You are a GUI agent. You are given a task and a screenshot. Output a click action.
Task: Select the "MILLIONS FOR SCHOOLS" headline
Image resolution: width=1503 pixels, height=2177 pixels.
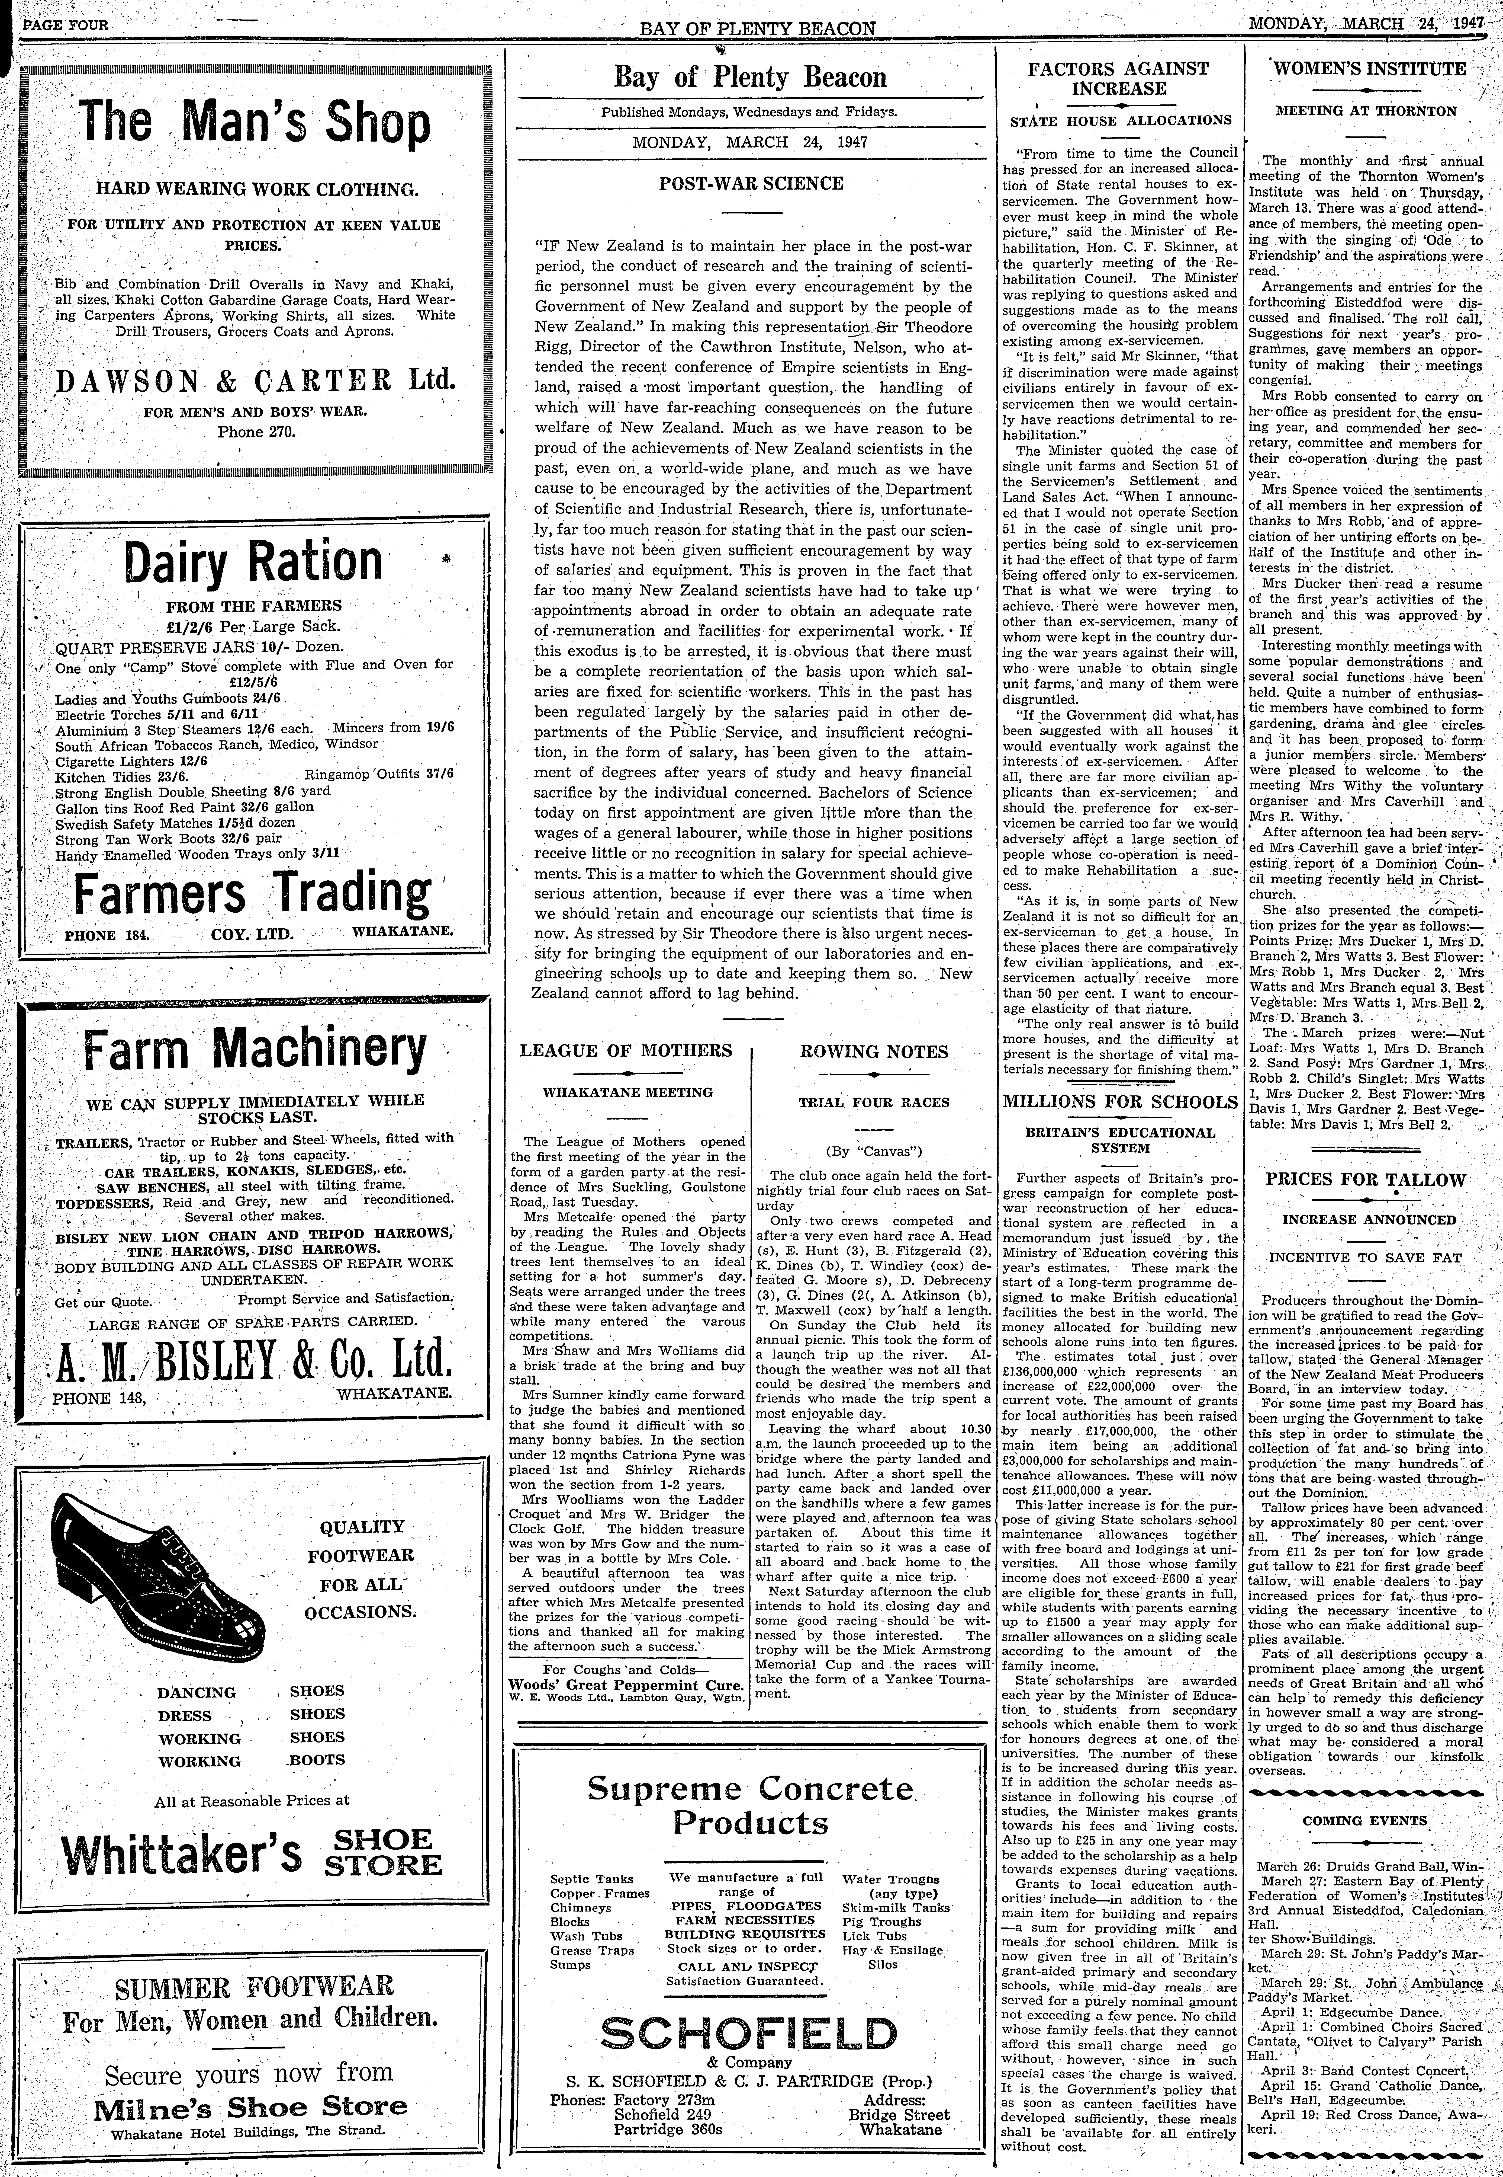click(1120, 1102)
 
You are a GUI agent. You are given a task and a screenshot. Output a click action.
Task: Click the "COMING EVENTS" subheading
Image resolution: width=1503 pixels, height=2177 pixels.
click(1364, 1821)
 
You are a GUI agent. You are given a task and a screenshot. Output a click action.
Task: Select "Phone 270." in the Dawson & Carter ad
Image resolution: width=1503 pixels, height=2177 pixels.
click(256, 432)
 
